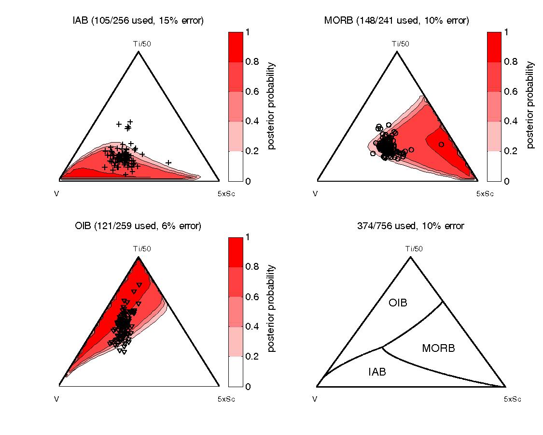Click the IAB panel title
[139, 20]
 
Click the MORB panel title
[397, 20]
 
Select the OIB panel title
[139, 226]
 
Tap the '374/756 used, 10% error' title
[410, 226]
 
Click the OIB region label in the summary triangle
[398, 303]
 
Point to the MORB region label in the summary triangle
[438, 348]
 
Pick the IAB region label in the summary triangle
[377, 372]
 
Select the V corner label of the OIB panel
[57, 399]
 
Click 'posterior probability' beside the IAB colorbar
[271, 106]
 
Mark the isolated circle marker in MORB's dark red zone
[441, 145]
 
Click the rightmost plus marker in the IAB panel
[168, 162]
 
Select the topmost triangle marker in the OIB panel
[139, 285]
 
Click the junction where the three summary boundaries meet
[382, 347]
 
